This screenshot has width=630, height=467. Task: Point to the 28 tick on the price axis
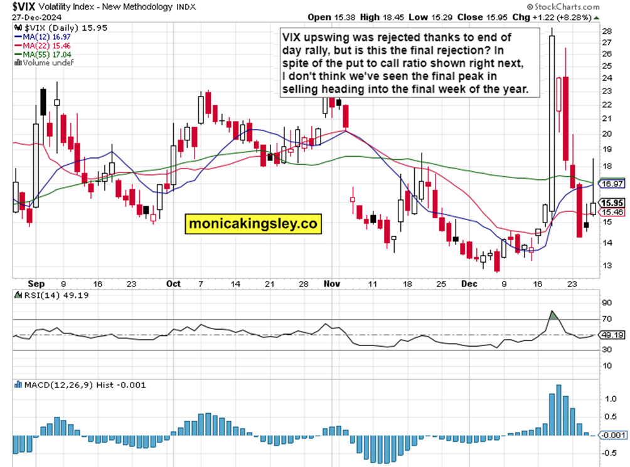tap(607, 31)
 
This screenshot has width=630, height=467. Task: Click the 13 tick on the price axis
tap(607, 265)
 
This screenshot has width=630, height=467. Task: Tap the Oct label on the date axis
tap(174, 283)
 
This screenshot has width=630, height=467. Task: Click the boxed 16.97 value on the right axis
tap(611, 184)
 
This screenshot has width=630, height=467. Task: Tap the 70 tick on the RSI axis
tap(606, 320)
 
